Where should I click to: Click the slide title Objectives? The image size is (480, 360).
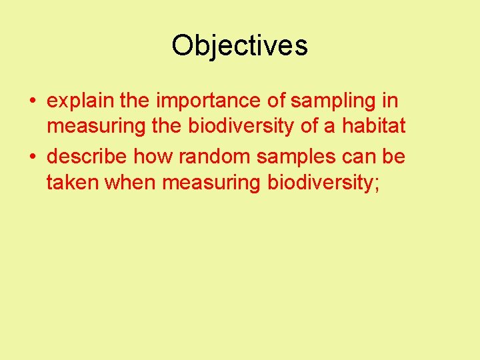pos(239,45)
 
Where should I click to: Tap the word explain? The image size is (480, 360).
pos(81,101)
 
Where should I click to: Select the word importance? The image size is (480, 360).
pos(210,101)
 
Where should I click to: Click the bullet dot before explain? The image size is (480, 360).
pos(32,102)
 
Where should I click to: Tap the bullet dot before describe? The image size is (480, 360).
pos(32,157)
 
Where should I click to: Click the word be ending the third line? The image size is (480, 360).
pos(395,157)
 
